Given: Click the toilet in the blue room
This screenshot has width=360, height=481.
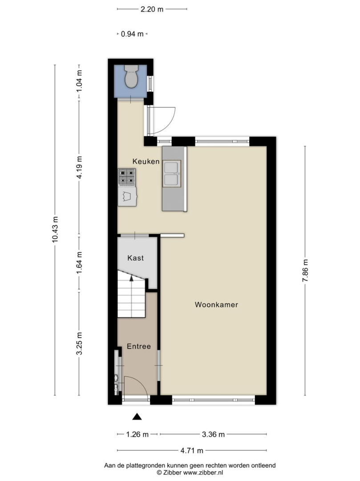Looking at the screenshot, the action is click(x=131, y=77).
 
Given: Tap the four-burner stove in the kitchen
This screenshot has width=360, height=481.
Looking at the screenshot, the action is click(x=127, y=177).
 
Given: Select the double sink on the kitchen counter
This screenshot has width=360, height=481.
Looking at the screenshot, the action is click(x=172, y=173).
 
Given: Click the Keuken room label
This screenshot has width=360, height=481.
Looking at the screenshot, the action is click(x=146, y=161).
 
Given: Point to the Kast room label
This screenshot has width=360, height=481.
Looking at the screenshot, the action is click(x=135, y=258).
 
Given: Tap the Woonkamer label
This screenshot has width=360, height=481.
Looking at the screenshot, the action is click(x=216, y=305).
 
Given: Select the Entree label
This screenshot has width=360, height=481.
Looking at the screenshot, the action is click(x=139, y=346).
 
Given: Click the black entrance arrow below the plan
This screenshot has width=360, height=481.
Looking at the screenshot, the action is click(x=137, y=416).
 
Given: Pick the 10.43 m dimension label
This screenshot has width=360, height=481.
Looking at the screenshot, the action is click(x=55, y=229).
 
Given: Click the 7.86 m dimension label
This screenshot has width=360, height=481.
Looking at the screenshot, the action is click(x=305, y=270).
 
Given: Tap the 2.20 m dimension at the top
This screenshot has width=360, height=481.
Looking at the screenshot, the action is click(x=152, y=9).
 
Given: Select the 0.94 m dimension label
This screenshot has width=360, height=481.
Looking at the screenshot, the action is click(x=132, y=34).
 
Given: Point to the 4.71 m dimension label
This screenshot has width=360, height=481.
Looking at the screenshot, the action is click(x=192, y=451).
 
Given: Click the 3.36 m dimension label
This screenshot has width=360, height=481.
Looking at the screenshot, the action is click(x=213, y=434).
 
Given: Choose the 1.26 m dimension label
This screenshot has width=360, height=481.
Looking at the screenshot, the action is click(x=137, y=434).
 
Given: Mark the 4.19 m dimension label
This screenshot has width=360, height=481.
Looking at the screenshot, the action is click(x=79, y=167).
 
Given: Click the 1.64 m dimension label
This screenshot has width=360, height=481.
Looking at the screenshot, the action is click(x=79, y=263).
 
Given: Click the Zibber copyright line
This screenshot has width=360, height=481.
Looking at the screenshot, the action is click(x=190, y=473).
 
